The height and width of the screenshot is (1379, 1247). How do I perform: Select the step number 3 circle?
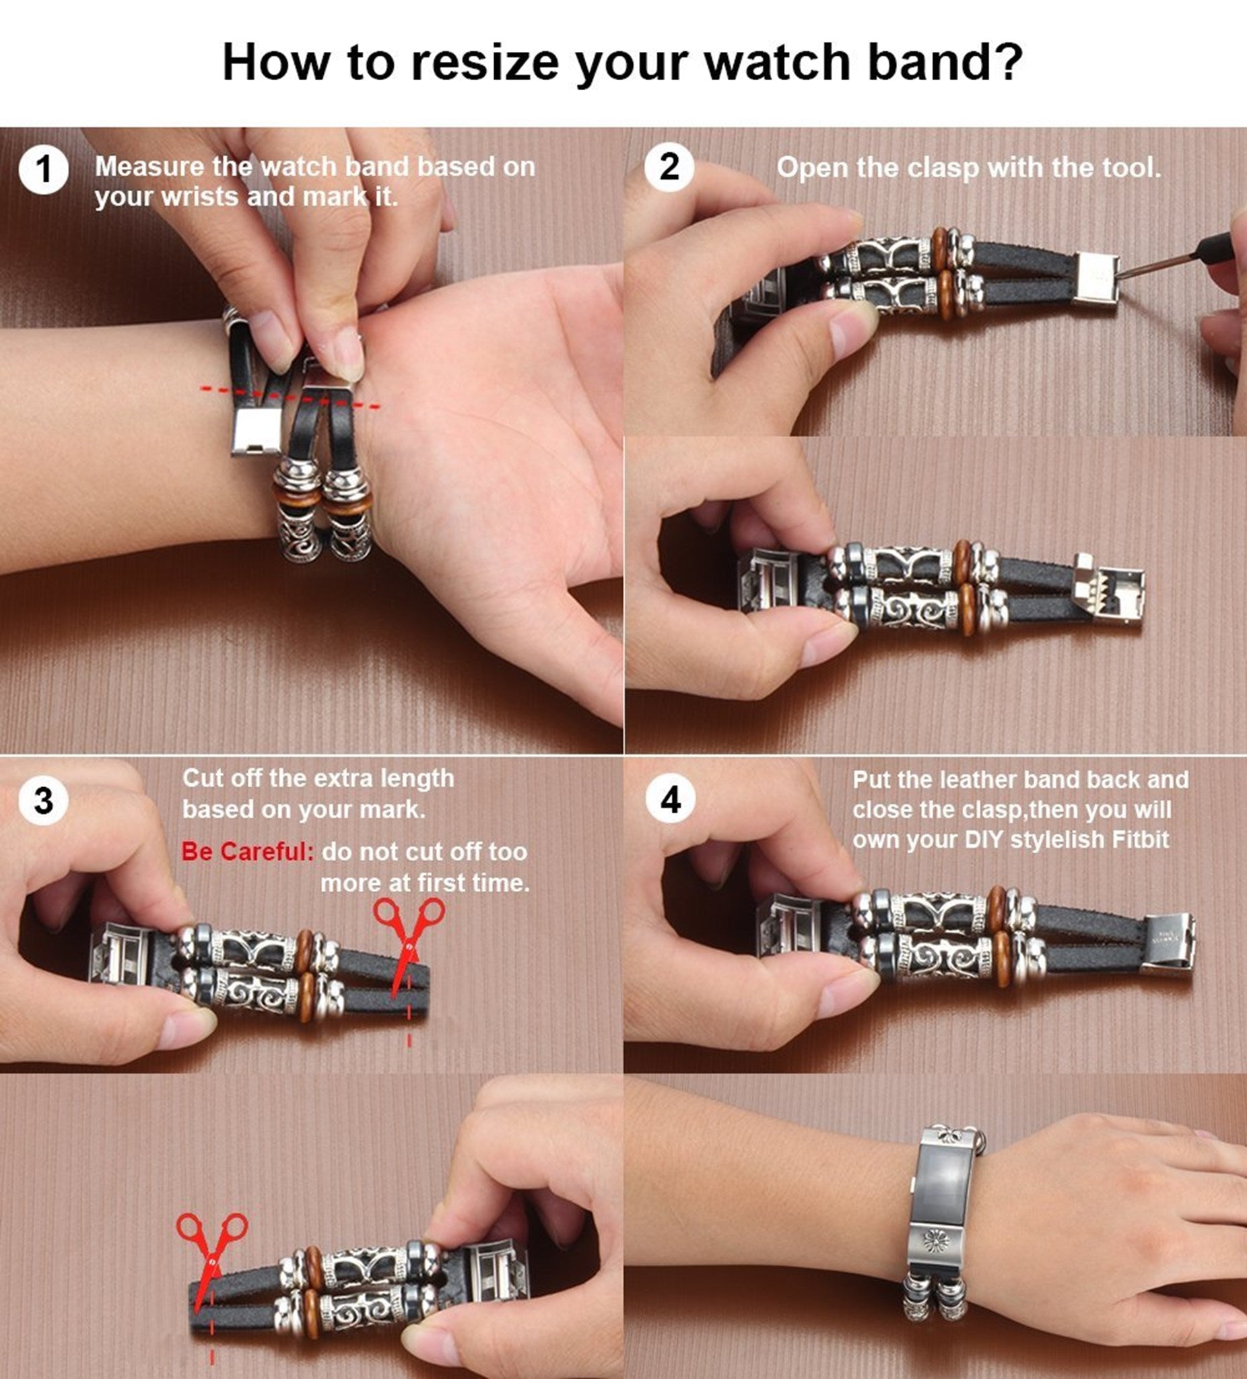(x=44, y=801)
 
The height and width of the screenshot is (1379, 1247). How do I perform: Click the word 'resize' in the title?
(x=485, y=62)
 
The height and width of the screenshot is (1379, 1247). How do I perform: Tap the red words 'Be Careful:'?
(x=248, y=852)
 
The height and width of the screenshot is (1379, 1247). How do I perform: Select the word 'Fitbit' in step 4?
(x=1141, y=839)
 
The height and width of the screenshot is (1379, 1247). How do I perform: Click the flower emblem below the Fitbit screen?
(x=937, y=1240)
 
